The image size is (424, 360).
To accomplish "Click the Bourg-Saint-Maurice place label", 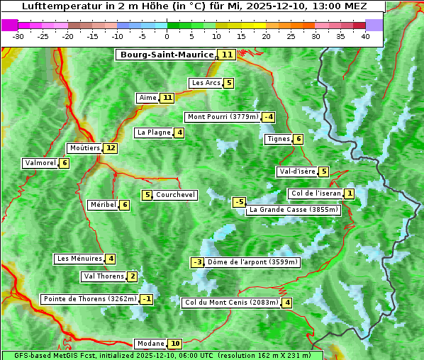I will (x=167, y=55).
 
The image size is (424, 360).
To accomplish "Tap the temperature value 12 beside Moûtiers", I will (x=110, y=148).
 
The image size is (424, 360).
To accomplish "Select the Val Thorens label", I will (x=104, y=276).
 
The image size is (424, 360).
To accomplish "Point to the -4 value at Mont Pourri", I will (x=268, y=117).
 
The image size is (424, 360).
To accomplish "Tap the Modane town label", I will (x=150, y=344).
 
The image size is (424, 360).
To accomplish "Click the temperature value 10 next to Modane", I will (x=175, y=344).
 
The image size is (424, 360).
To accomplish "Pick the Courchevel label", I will (x=176, y=195).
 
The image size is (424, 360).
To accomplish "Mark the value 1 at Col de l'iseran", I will (x=350, y=193).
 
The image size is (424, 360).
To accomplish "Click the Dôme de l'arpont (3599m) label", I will (x=253, y=262).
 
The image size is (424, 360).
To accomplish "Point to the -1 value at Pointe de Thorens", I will (x=146, y=299).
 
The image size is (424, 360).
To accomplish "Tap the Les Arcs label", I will (x=206, y=83).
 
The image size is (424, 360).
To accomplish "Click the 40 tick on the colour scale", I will (x=365, y=36).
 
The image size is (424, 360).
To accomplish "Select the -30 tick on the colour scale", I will (x=18, y=36).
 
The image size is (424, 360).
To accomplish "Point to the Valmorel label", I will (x=40, y=163).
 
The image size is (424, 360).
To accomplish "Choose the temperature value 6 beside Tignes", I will (x=299, y=139).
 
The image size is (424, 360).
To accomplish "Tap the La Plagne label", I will (x=154, y=133).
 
